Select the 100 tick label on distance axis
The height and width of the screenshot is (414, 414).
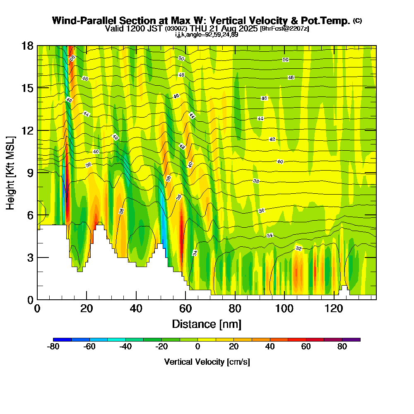point(284,308)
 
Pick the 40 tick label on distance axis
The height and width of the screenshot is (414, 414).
point(136,308)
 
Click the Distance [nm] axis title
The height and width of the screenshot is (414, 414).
point(207,324)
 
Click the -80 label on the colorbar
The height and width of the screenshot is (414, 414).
point(53,347)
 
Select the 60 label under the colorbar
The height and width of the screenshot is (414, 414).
point(306,347)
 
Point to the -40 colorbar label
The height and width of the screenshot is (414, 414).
point(125,347)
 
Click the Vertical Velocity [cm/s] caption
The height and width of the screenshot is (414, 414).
point(207,362)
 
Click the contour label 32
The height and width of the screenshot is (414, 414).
point(298,248)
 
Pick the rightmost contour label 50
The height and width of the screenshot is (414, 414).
point(285,60)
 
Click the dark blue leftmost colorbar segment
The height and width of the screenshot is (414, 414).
point(63,339)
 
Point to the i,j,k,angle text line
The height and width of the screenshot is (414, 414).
point(207,35)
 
